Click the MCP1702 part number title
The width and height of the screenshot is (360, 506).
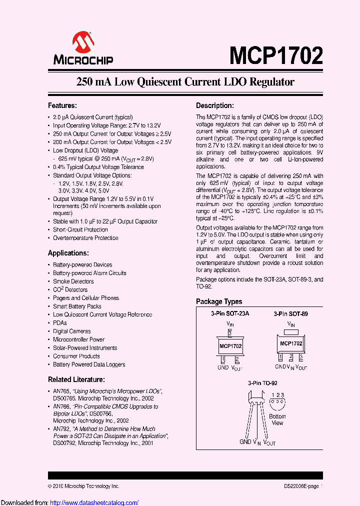click(x=276, y=55)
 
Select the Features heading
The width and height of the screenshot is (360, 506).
click(x=62, y=105)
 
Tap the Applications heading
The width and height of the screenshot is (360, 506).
click(x=68, y=253)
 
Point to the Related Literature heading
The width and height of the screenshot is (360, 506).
click(x=76, y=379)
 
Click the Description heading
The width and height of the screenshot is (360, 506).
click(x=214, y=105)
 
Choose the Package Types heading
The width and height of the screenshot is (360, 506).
click(x=219, y=301)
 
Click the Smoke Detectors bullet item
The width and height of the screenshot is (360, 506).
click(x=73, y=281)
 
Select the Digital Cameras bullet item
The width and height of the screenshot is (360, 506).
click(x=72, y=331)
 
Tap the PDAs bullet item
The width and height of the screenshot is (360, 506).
click(x=60, y=323)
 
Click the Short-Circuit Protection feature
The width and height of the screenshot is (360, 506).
click(x=80, y=229)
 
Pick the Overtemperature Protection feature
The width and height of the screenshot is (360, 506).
click(x=85, y=238)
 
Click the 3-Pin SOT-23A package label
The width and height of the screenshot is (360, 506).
click(x=229, y=313)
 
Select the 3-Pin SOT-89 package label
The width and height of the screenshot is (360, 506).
click(x=290, y=313)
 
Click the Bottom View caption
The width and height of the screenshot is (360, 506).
click(x=277, y=419)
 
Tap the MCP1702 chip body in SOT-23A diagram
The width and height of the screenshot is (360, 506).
click(x=230, y=345)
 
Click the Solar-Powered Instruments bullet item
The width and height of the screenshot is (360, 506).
click(x=85, y=348)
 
